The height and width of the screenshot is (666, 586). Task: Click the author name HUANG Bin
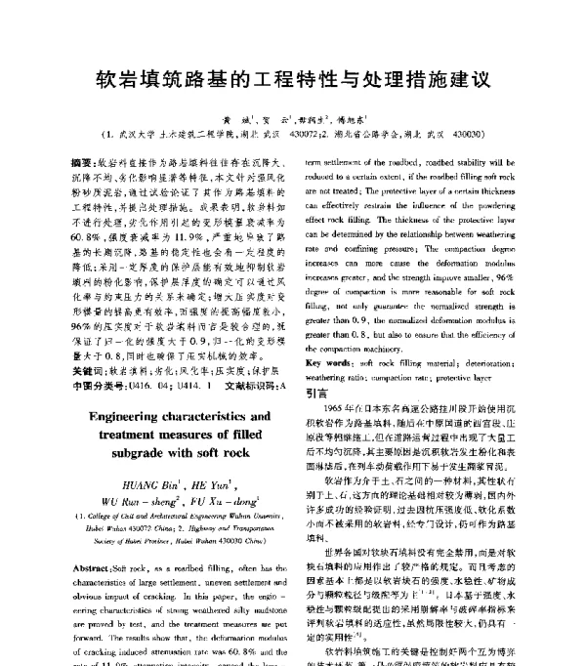(x=139, y=483)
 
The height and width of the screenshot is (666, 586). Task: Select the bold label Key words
(x=331, y=362)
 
